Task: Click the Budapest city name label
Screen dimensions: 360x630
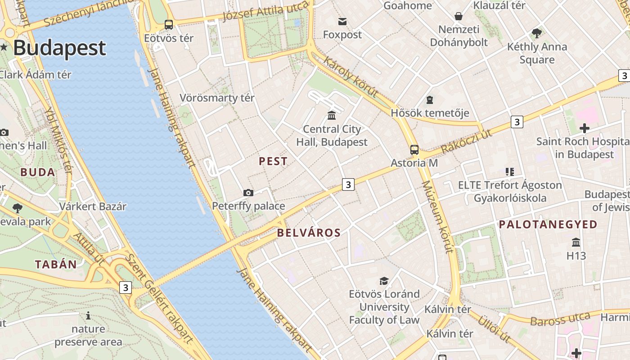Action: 59,48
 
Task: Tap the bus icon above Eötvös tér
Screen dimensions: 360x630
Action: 169,25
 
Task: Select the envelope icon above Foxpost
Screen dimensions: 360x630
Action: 342,21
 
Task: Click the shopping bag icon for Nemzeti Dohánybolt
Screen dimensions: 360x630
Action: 459,17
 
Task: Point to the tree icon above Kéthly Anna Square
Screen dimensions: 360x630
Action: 536,33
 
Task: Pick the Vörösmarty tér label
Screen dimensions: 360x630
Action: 217,98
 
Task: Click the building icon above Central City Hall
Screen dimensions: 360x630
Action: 332,116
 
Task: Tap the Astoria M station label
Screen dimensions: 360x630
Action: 414,162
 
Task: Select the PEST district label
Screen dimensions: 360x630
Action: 273,161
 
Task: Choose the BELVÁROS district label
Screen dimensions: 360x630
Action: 309,233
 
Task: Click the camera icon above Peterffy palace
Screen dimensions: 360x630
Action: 248,193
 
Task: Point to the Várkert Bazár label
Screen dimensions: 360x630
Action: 93,207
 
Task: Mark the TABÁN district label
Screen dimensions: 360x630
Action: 56,264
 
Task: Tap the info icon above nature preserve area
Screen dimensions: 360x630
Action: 88,315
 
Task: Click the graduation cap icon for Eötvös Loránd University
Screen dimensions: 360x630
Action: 384,281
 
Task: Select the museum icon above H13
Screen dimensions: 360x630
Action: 576,243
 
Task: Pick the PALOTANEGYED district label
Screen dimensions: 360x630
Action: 548,224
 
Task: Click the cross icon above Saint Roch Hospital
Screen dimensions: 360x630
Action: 585,128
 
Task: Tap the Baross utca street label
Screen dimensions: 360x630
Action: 560,319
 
